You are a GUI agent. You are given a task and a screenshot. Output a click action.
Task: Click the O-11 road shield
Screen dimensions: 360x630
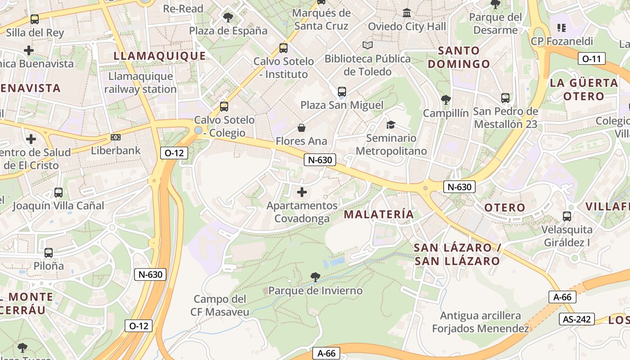click(x=592, y=58)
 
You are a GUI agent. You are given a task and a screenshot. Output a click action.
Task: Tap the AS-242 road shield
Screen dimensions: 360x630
click(x=577, y=319)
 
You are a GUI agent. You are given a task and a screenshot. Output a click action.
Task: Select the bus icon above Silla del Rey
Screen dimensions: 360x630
click(x=35, y=19)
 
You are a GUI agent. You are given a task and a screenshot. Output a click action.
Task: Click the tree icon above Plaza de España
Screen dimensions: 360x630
click(x=228, y=18)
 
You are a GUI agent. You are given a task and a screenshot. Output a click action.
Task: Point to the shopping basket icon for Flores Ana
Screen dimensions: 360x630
click(x=301, y=128)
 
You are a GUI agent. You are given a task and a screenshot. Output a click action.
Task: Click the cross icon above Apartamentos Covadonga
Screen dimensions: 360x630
click(x=302, y=193)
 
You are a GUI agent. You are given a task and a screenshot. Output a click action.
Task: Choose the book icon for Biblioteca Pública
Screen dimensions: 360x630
click(x=368, y=45)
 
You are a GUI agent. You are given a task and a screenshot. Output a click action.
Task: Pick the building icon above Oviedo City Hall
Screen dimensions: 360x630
click(x=407, y=13)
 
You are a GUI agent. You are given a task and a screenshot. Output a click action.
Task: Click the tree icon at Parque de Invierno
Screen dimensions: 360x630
click(x=315, y=277)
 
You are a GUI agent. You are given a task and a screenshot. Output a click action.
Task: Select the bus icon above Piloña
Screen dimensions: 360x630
click(x=49, y=253)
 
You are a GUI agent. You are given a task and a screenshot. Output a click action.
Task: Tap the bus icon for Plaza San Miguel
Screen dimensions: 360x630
click(x=342, y=92)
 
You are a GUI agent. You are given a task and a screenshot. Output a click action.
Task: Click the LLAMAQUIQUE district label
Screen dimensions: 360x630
click(x=160, y=56)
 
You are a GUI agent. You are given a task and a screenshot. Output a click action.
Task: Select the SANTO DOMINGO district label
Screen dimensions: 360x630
click(x=459, y=57)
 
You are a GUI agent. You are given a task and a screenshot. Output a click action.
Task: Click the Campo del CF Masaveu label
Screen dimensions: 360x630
click(x=220, y=306)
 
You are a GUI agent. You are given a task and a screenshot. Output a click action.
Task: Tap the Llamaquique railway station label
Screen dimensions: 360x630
click(x=140, y=82)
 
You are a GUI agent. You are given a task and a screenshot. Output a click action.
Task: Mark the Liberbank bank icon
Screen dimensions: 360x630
click(x=116, y=137)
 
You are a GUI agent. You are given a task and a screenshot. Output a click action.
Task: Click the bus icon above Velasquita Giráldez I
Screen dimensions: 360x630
click(x=567, y=216)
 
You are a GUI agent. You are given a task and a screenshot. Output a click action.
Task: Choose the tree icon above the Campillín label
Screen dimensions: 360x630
click(x=446, y=99)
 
